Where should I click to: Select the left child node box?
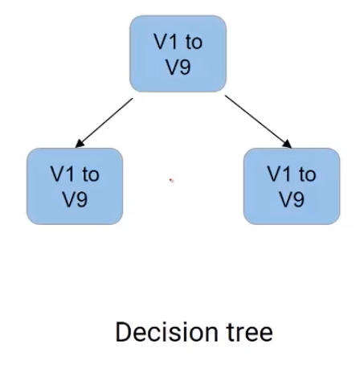[74, 186]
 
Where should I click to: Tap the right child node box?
[290, 186]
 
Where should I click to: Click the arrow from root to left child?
[104, 123]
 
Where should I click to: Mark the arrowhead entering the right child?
[288, 145]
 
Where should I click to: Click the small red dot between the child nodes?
[171, 180]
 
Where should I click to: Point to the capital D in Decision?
[123, 333]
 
